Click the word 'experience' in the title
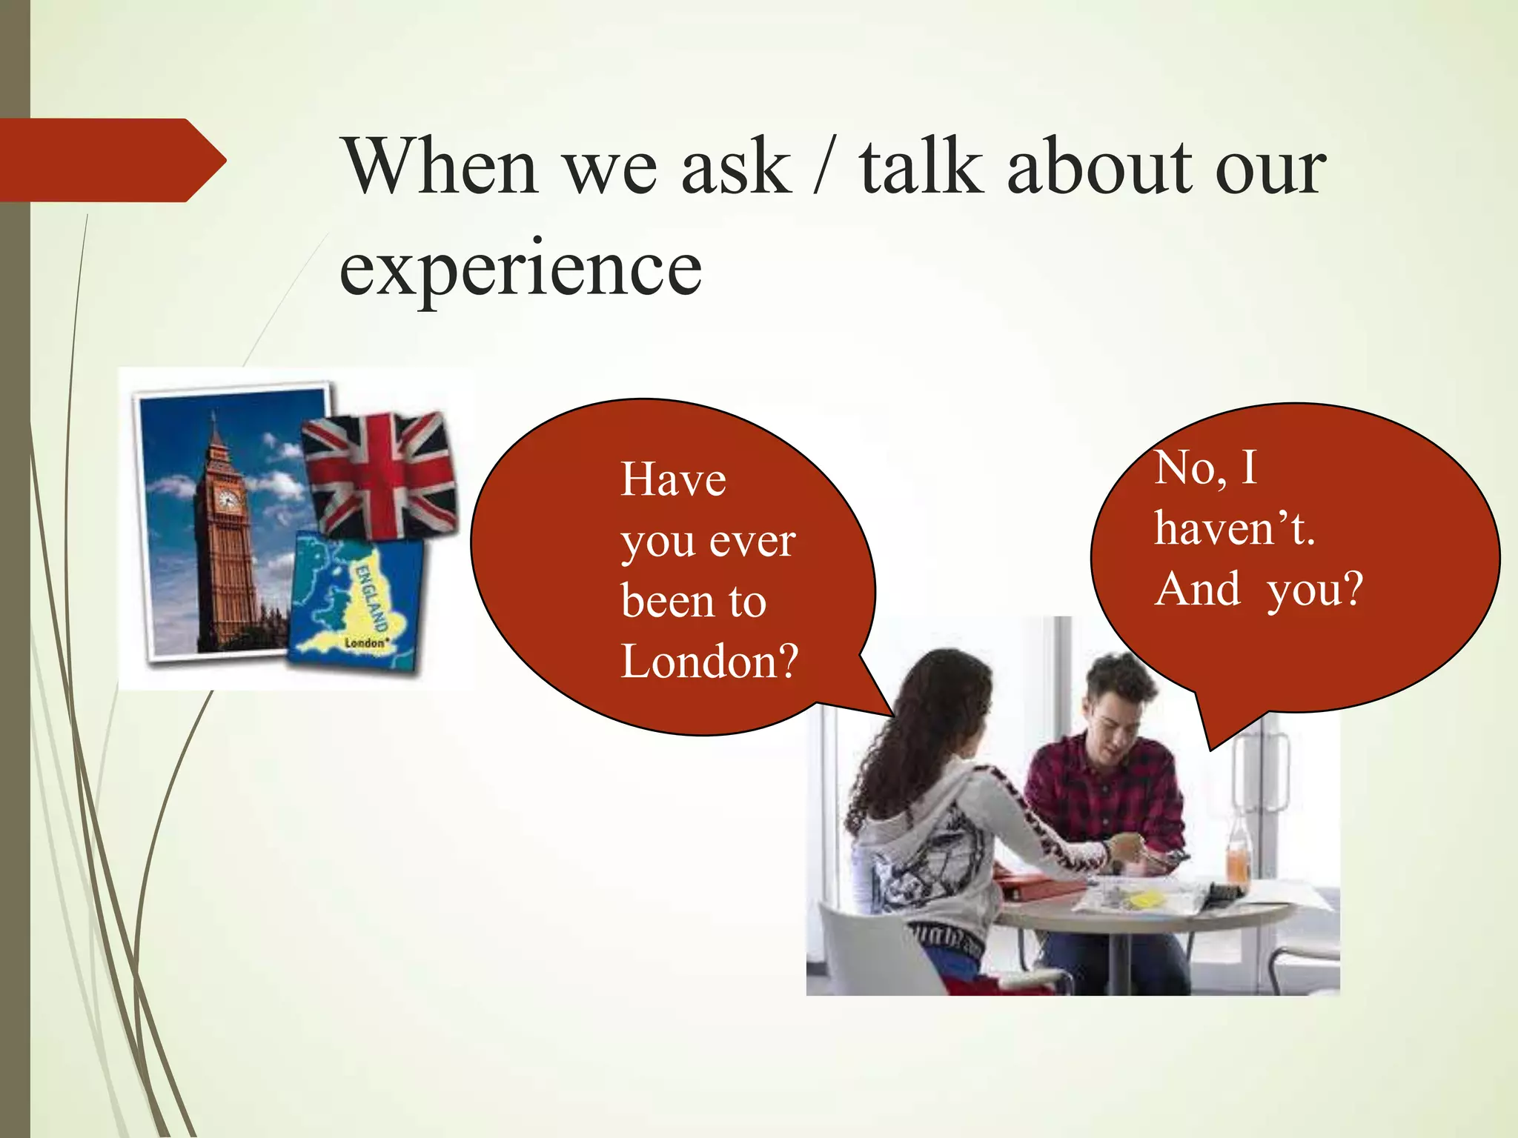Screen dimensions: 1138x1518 [520, 268]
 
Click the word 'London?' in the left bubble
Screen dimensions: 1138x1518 [709, 661]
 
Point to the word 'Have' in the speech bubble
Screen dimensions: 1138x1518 [673, 479]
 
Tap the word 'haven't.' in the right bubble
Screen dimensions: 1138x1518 [1234, 529]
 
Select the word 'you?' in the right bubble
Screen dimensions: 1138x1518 [1315, 590]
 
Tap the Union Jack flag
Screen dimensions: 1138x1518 [380, 474]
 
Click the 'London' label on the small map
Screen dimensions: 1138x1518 [366, 642]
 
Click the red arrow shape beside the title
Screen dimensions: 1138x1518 [111, 160]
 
